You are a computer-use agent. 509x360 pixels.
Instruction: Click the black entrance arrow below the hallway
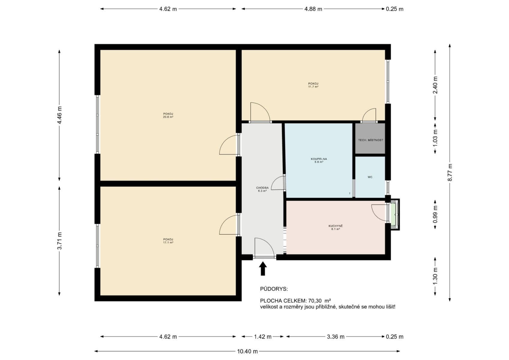[263, 269]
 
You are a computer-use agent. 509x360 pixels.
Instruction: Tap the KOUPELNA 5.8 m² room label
[319, 160]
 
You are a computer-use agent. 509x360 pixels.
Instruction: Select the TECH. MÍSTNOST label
[370, 140]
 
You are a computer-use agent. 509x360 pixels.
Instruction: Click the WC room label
[370, 177]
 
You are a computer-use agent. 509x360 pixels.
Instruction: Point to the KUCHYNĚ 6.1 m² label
[335, 227]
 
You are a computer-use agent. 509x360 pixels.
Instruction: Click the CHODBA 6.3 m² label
[262, 189]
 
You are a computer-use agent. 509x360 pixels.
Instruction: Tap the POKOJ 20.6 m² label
[168, 115]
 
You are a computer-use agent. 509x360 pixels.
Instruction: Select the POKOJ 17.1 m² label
[168, 241]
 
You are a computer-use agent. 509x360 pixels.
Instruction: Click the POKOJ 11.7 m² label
[313, 85]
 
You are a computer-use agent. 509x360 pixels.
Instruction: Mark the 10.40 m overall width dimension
[247, 351]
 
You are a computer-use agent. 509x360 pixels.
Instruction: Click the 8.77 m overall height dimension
[450, 172]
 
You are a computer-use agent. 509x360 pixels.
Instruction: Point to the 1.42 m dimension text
[262, 337]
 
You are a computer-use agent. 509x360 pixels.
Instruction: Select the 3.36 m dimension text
[335, 337]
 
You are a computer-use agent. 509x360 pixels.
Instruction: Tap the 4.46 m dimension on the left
[59, 115]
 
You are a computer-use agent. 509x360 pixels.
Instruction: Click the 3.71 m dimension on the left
[59, 241]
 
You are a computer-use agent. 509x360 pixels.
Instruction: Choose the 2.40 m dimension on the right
[435, 85]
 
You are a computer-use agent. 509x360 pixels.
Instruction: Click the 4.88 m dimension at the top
[313, 9]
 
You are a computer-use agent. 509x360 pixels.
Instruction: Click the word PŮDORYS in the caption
[274, 289]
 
